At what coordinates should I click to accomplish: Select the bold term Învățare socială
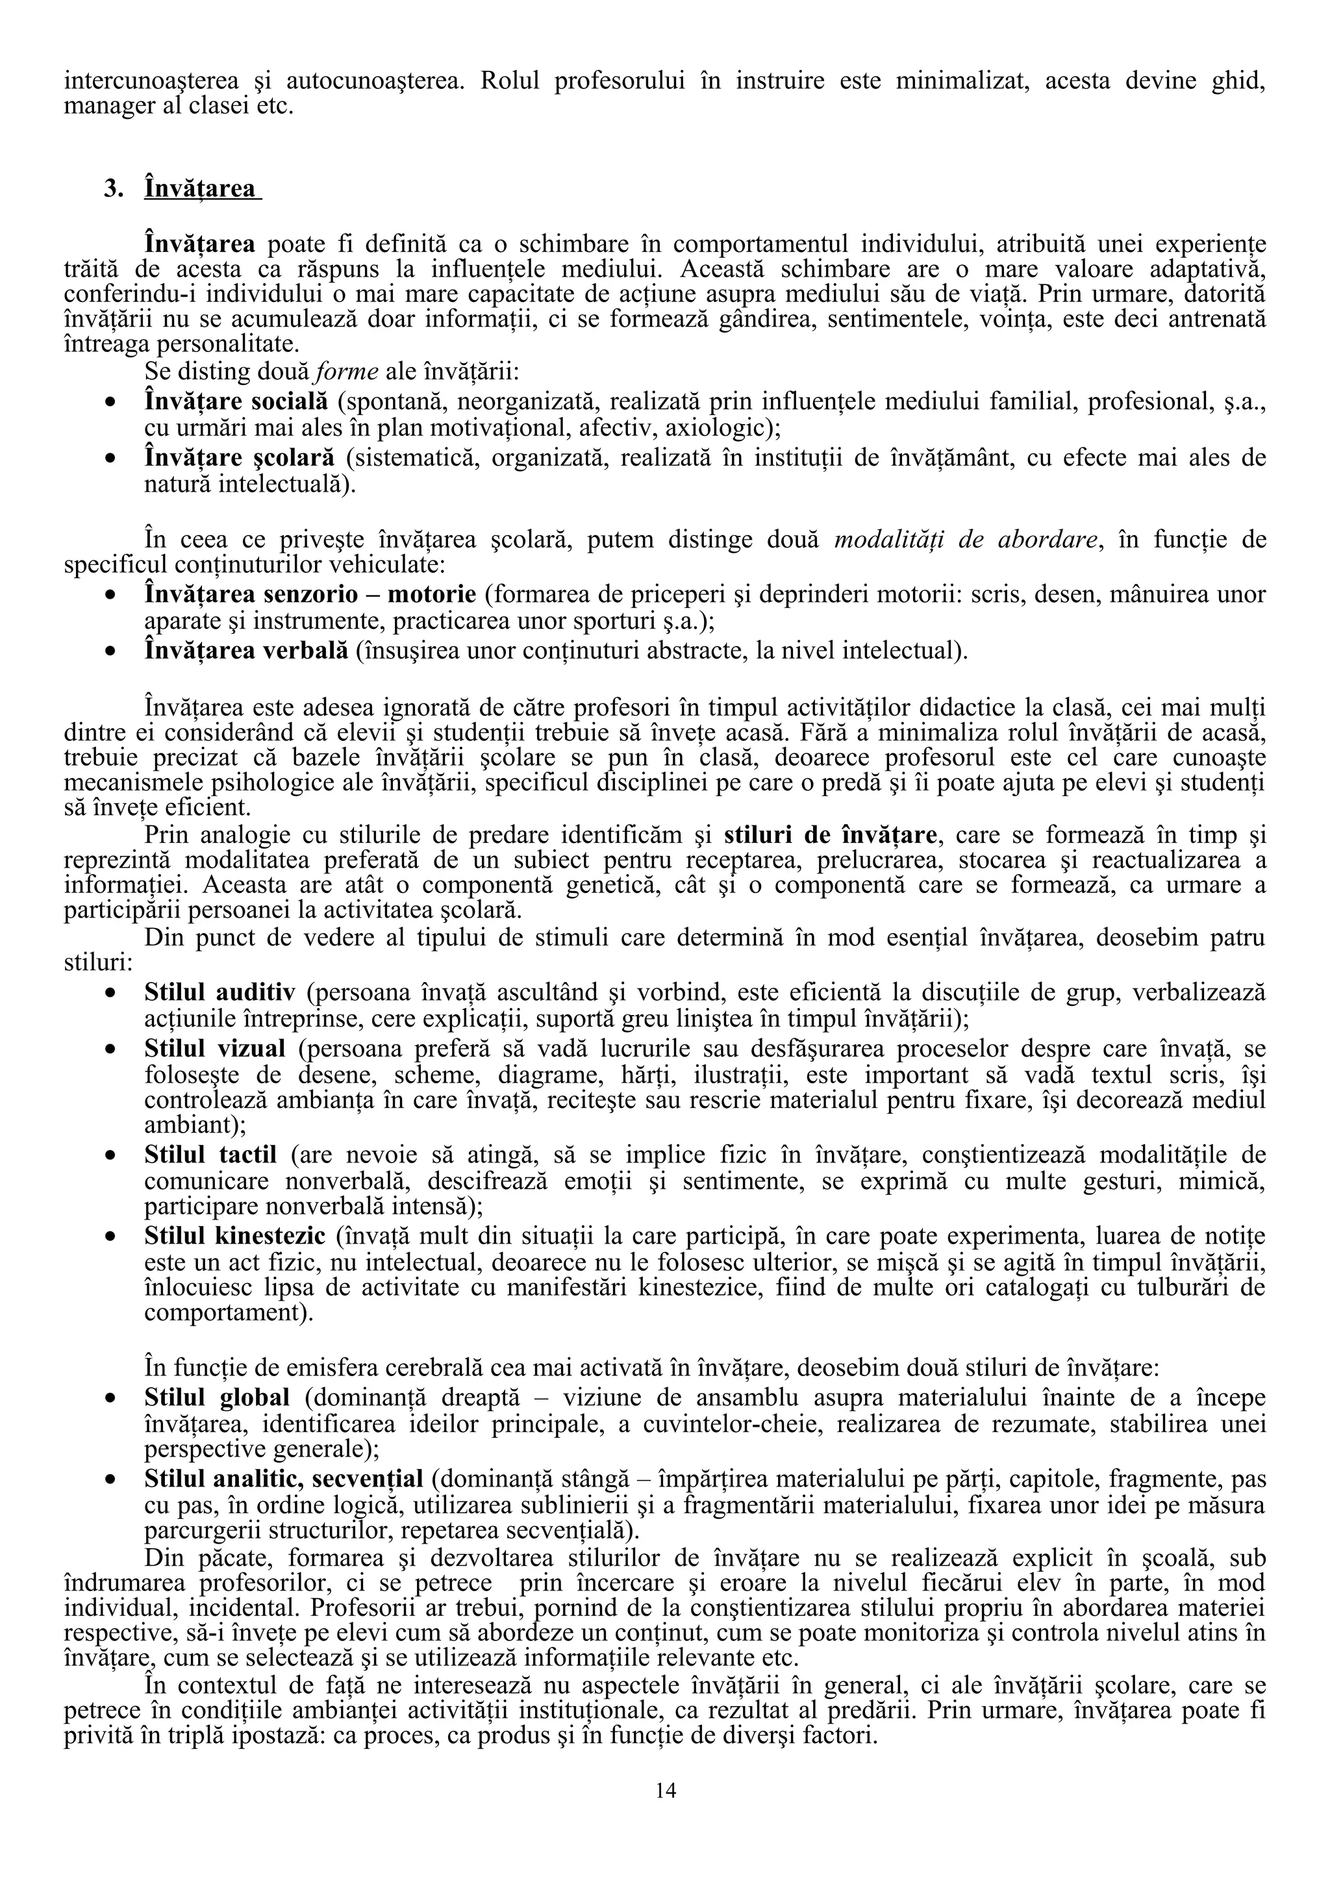pyautogui.click(x=236, y=401)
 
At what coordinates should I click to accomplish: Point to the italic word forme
pyautogui.click(x=347, y=371)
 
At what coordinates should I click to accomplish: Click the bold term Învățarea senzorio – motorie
pyautogui.click(x=310, y=594)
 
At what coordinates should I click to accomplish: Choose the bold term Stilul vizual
pyautogui.click(x=215, y=1048)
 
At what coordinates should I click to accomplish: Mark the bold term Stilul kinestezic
pyautogui.click(x=236, y=1235)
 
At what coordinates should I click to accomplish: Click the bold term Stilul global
pyautogui.click(x=216, y=1397)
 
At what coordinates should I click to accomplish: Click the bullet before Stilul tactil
pyautogui.click(x=110, y=1157)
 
